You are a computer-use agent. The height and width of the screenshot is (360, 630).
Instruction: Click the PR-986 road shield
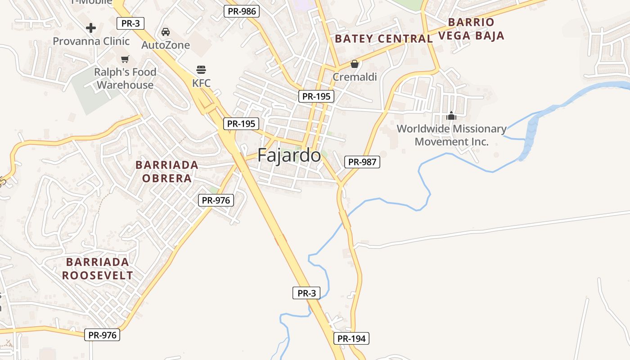click(242, 11)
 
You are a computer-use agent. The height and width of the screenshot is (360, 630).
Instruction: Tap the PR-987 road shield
click(362, 162)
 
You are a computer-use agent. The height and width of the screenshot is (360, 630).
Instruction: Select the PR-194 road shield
click(351, 338)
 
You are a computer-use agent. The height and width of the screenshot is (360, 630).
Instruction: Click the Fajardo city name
click(289, 156)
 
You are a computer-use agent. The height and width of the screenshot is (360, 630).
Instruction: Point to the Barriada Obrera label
click(167, 171)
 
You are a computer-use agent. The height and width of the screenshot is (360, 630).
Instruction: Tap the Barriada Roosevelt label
click(97, 269)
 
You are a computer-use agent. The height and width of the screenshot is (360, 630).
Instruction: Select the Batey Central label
click(383, 39)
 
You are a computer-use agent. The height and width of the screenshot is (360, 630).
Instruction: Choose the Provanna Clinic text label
click(91, 41)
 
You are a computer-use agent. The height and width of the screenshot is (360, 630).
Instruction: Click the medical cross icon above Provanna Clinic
click(91, 28)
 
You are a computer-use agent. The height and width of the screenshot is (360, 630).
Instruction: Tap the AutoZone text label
click(166, 45)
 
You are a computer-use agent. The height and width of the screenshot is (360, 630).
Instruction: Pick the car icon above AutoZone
click(166, 32)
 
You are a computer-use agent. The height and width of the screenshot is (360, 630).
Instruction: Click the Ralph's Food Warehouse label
click(125, 78)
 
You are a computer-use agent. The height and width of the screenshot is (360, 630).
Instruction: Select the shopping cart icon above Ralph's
click(125, 59)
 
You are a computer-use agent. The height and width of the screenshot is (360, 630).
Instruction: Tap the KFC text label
click(201, 83)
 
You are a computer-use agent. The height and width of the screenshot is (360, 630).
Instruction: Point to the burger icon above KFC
click(201, 70)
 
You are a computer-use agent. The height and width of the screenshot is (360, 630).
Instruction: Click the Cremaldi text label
click(355, 77)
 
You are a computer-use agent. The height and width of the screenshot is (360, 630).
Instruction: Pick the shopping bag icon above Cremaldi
click(355, 64)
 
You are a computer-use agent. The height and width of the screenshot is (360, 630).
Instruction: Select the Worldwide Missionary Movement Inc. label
click(451, 135)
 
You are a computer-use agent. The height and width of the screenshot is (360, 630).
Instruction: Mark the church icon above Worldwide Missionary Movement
click(451, 116)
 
